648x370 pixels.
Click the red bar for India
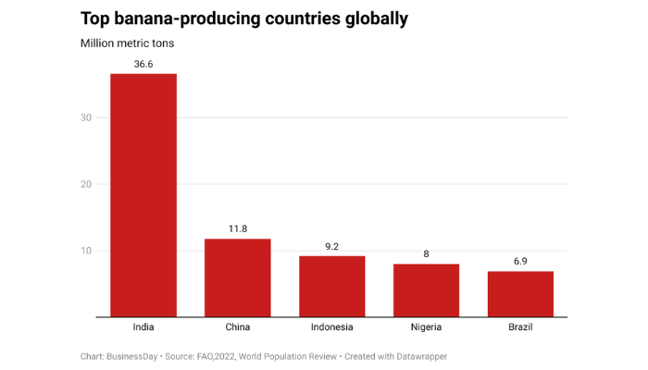click(x=143, y=195)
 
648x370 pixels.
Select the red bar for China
click(x=237, y=277)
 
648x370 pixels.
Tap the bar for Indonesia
click(x=331, y=286)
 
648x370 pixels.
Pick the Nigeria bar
click(x=426, y=290)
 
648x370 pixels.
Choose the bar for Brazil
click(x=520, y=294)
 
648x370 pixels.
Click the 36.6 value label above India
click(x=143, y=64)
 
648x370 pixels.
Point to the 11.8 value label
click(x=237, y=228)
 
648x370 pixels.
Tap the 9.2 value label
click(x=331, y=246)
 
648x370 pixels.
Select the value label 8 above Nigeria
click(x=426, y=253)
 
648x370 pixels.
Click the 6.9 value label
click(x=520, y=261)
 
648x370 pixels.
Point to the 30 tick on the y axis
click(x=87, y=117)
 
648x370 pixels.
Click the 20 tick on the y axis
click(x=87, y=184)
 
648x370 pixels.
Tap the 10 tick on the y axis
click(x=87, y=251)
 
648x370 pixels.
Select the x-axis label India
click(x=143, y=327)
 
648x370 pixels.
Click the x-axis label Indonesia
click(x=331, y=327)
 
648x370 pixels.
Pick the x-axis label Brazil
click(x=520, y=327)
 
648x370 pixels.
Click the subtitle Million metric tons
click(x=127, y=43)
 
